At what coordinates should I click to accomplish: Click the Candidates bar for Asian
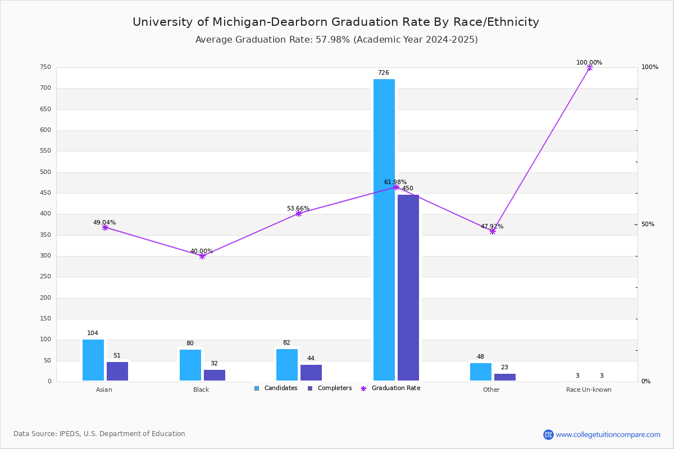pos(93,360)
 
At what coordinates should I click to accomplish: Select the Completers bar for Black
pos(215,375)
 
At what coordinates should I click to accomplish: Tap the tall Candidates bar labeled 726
pos(384,230)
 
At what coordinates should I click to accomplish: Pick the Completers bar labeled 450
pos(408,287)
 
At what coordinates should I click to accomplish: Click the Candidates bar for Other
pos(481,372)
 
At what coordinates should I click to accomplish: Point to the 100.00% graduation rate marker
pos(590,67)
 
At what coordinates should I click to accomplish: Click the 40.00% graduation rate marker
pos(202,256)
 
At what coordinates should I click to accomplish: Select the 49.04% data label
pos(104,223)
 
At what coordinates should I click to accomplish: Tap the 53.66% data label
pos(298,209)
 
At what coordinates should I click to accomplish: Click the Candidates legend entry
pos(276,388)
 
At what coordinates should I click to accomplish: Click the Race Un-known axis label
pos(589,390)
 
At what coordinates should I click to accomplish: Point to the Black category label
pos(201,390)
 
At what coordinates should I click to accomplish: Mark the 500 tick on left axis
pos(45,172)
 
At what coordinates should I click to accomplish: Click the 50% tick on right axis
pos(648,224)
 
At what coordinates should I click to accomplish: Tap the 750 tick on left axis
pos(45,67)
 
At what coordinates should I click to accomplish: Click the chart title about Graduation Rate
pos(336,22)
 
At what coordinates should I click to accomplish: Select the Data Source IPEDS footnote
pos(99,434)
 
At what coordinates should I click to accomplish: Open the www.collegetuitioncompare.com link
pos(608,434)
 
